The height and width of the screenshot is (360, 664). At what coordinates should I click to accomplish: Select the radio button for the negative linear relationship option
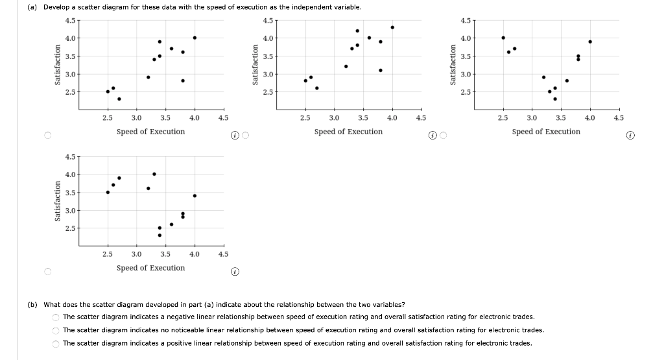tap(56, 317)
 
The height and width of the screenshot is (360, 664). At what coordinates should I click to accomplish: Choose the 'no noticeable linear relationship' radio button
tap(56, 330)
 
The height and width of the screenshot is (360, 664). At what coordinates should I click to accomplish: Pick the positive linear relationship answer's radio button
tap(56, 344)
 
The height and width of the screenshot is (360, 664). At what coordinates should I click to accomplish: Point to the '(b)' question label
tap(32, 304)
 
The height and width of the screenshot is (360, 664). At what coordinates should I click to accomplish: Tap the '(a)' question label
tap(32, 7)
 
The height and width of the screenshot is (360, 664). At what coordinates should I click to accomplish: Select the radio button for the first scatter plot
tap(48, 135)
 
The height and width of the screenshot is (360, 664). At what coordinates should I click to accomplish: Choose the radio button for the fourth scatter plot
tap(48, 272)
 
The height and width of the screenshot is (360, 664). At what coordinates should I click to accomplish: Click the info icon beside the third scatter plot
tap(630, 136)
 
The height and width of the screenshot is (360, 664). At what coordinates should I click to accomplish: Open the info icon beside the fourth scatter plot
tap(235, 272)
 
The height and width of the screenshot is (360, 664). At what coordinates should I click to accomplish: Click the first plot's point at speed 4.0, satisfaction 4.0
tap(195, 38)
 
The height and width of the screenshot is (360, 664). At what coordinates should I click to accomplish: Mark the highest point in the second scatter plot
tap(392, 27)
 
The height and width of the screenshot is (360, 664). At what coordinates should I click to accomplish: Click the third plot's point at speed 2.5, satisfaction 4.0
tap(503, 38)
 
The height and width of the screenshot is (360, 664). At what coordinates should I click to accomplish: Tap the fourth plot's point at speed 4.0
tap(195, 196)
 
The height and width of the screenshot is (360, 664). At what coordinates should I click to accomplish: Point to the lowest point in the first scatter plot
tap(119, 99)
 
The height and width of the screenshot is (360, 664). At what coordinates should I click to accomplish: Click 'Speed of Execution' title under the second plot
tap(348, 132)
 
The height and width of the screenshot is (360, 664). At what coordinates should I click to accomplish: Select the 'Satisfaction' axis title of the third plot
tap(453, 65)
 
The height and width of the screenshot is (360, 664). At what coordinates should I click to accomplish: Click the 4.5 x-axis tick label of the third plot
tap(618, 118)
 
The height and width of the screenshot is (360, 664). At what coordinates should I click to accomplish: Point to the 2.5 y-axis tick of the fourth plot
tap(70, 228)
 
